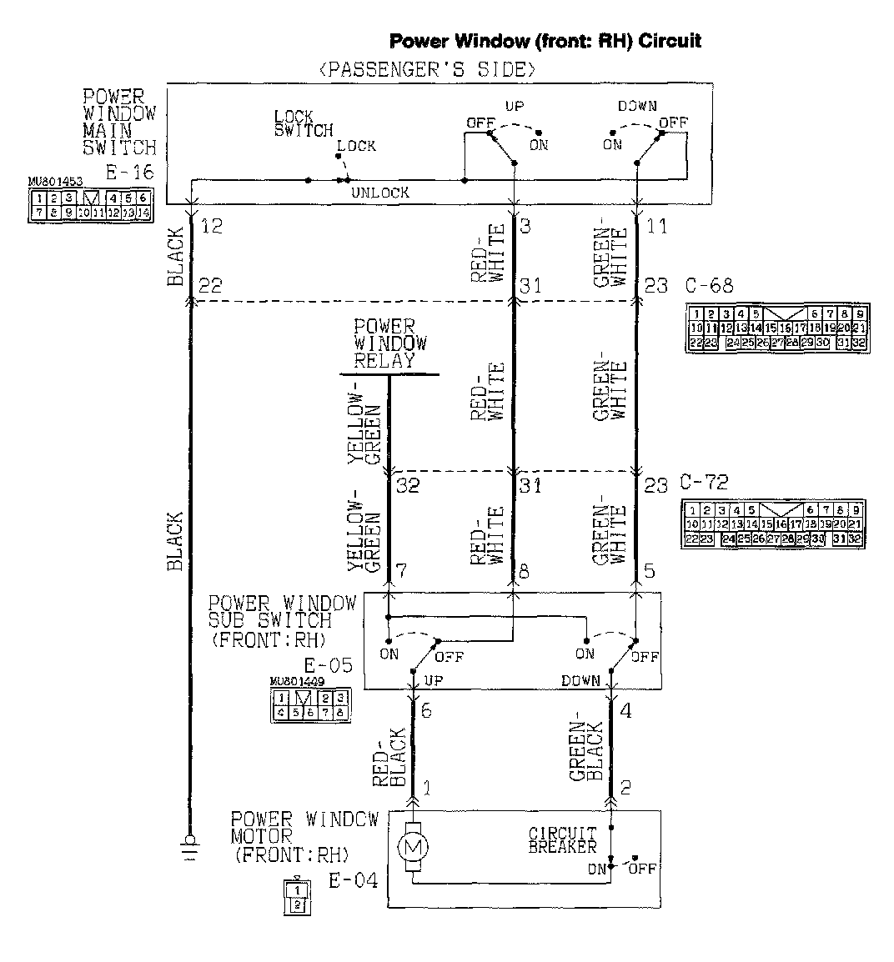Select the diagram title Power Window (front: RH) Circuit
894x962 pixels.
tap(545, 40)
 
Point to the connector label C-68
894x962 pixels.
tap(709, 285)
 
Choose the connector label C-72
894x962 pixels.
tap(704, 483)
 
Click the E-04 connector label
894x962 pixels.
tap(353, 881)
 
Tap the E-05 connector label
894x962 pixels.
tap(328, 665)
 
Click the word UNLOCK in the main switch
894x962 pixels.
tap(380, 193)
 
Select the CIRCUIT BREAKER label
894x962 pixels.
tap(563, 839)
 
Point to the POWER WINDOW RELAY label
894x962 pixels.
tap(389, 343)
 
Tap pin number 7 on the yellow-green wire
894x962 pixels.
tap(401, 572)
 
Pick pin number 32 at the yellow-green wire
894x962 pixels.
tap(407, 484)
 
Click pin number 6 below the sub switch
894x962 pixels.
tap(426, 711)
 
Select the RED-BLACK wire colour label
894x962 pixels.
tap(390, 759)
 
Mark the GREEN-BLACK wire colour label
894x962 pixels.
tap(586, 752)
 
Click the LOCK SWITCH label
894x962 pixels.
tap(303, 123)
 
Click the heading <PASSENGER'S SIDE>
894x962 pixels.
tap(427, 69)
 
